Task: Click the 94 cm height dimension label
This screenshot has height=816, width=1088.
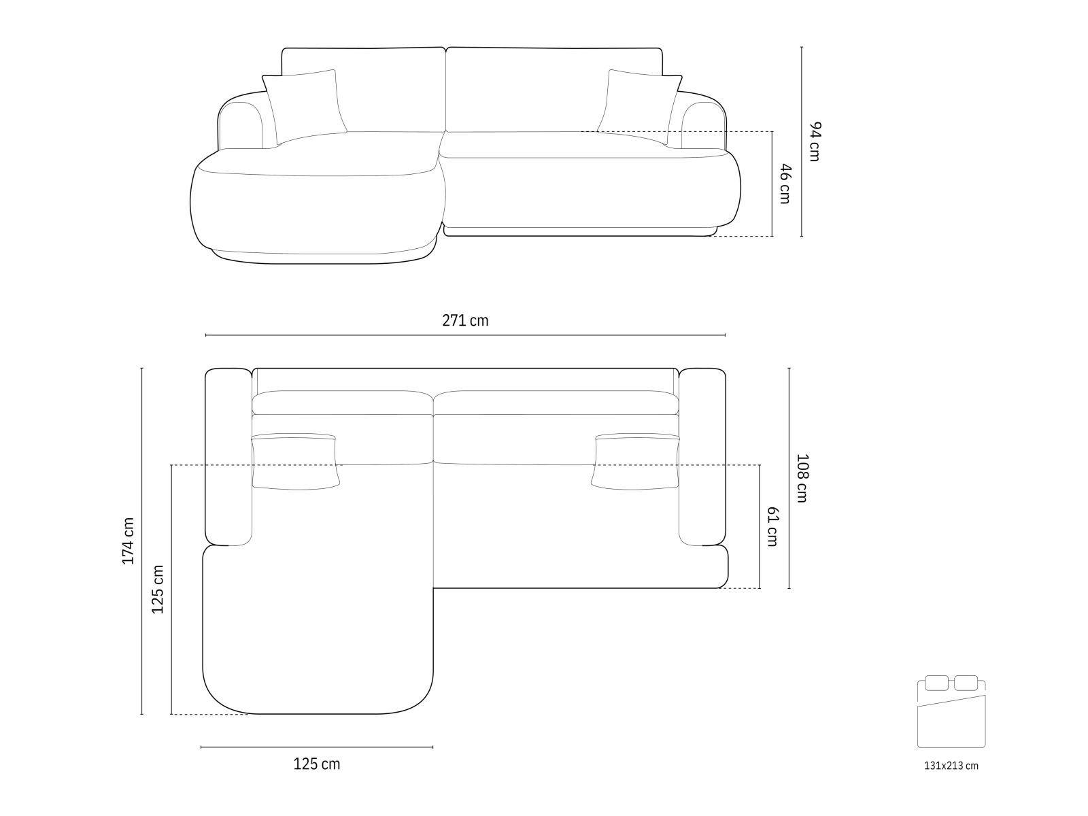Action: point(815,141)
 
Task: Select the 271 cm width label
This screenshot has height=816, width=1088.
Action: point(465,321)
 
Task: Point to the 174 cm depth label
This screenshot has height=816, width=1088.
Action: point(129,541)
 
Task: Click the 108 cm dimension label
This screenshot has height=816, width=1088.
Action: point(802,479)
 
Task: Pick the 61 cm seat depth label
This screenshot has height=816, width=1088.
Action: point(772,526)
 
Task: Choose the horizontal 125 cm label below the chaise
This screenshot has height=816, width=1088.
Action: point(317,764)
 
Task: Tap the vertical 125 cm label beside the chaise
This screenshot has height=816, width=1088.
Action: point(158,590)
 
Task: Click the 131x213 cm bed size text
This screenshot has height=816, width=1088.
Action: point(951,766)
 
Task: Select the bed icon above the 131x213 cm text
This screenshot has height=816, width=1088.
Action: point(951,712)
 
